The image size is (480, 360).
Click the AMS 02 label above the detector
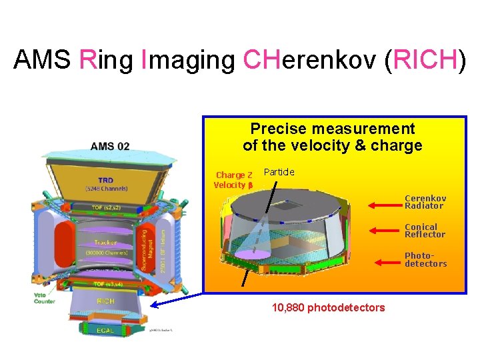pos(110,147)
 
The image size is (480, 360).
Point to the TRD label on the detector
pos(106,181)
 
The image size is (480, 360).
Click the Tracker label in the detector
pos(105,242)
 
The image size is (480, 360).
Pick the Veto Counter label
pos(45,299)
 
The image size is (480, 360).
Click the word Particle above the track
pos(279,173)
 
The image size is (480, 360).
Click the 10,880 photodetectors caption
pos(328,308)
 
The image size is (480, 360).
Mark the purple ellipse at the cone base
pos(252,254)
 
